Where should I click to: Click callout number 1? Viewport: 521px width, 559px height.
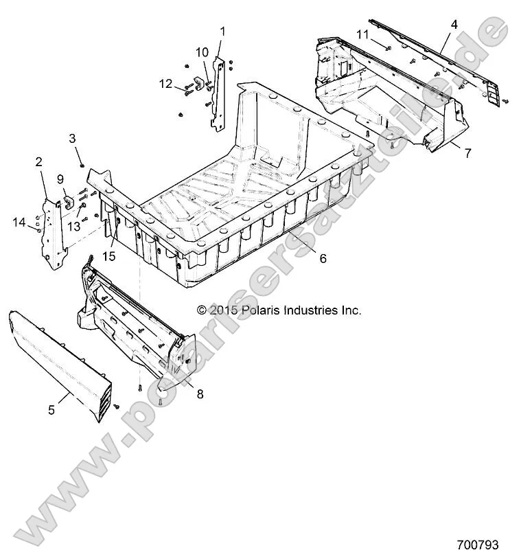point(222,31)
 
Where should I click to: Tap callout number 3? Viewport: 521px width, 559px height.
point(72,139)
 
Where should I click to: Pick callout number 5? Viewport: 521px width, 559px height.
point(51,411)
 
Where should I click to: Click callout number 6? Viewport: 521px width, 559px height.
point(323,259)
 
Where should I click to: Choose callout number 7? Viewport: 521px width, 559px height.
point(467,153)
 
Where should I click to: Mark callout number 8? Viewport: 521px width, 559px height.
point(200,394)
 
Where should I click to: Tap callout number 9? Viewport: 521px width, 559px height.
point(60,179)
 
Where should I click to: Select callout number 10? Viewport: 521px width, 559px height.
point(202,52)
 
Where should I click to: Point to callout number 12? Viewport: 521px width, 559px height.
point(166,84)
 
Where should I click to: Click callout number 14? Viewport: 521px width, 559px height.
point(19,221)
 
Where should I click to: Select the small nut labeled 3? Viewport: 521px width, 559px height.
point(82,165)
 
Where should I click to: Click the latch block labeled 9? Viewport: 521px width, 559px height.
point(69,201)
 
